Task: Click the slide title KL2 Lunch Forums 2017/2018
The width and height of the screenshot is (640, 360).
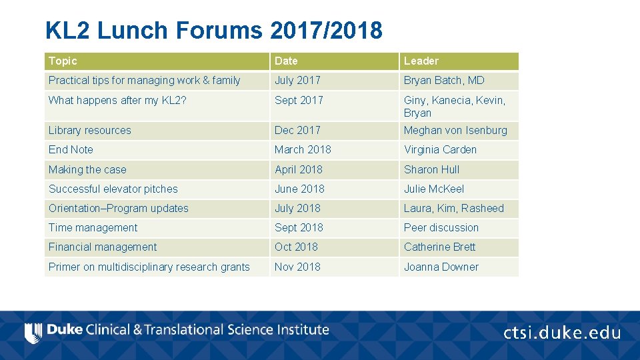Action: (x=214, y=30)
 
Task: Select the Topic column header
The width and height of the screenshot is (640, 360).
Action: (x=63, y=61)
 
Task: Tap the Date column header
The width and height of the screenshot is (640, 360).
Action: (x=287, y=61)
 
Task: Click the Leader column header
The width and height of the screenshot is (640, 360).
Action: (x=421, y=61)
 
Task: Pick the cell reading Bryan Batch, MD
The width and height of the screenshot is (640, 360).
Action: (x=444, y=80)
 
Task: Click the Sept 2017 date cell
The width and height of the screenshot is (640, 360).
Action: (x=299, y=100)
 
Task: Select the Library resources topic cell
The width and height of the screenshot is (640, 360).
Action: (x=90, y=130)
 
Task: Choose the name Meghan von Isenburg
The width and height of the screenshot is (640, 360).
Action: (x=455, y=130)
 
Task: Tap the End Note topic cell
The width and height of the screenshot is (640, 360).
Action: (x=71, y=149)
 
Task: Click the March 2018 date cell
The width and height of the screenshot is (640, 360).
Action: (x=303, y=149)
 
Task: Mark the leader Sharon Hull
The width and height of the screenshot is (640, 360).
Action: (x=431, y=169)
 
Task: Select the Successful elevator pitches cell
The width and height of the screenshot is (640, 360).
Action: (x=113, y=189)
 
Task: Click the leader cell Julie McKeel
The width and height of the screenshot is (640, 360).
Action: (x=434, y=189)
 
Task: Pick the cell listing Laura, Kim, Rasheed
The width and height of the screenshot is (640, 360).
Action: (x=454, y=208)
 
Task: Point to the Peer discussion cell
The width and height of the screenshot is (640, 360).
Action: (x=441, y=227)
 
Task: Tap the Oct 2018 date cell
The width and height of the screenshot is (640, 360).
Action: (x=296, y=247)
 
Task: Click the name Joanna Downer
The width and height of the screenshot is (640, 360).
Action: (x=441, y=267)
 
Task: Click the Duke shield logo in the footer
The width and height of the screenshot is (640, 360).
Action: (x=33, y=331)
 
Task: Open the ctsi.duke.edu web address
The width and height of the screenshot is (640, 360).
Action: (x=562, y=332)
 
